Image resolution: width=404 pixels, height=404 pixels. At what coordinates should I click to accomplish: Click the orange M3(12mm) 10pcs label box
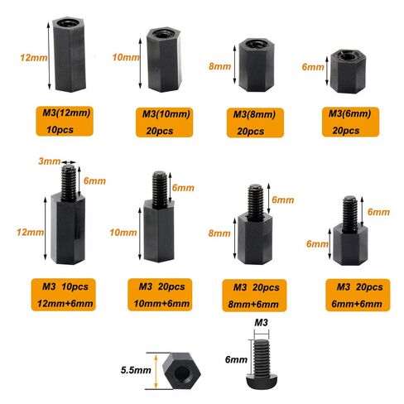click(x=65, y=121)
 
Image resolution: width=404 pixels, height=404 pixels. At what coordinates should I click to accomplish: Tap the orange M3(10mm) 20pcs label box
click(x=164, y=123)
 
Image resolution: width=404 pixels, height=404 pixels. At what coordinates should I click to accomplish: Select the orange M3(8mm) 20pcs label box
click(x=255, y=123)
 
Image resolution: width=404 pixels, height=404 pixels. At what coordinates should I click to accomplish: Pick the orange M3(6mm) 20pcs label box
click(x=350, y=122)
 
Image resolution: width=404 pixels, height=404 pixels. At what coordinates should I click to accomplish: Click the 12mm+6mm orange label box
click(x=64, y=295)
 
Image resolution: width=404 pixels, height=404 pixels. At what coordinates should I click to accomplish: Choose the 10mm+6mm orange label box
click(x=160, y=295)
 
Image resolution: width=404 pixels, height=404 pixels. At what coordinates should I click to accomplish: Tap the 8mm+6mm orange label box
click(x=254, y=296)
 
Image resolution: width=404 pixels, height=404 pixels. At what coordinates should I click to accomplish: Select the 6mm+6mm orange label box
click(x=358, y=295)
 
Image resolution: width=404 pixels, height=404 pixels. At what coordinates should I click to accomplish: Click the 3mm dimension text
click(x=50, y=161)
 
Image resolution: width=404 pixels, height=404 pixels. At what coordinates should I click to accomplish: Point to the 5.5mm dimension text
click(x=136, y=370)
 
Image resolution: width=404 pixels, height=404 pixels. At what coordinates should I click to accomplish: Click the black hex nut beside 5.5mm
click(x=181, y=371)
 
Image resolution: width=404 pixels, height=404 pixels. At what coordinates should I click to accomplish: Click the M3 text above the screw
click(x=261, y=322)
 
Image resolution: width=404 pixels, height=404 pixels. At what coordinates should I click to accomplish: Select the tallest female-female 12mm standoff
click(x=69, y=55)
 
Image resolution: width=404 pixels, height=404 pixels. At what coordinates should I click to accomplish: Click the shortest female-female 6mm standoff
click(x=348, y=71)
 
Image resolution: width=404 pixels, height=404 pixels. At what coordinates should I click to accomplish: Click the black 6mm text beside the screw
click(x=236, y=359)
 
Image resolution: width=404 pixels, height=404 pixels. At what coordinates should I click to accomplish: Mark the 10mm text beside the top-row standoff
click(x=126, y=57)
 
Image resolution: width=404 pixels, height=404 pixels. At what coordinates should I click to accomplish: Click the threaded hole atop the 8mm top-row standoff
click(x=256, y=44)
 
